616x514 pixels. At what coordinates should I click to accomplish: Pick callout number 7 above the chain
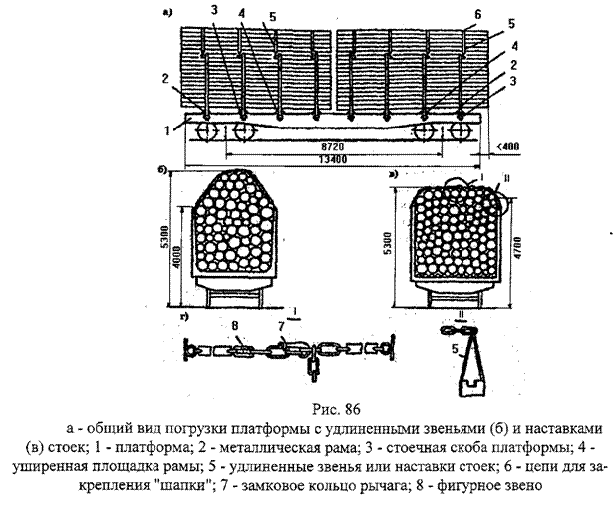coord(282,325)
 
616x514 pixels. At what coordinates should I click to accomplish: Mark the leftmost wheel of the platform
coord(206,130)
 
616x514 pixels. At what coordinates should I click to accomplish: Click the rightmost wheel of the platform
coord(460,130)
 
